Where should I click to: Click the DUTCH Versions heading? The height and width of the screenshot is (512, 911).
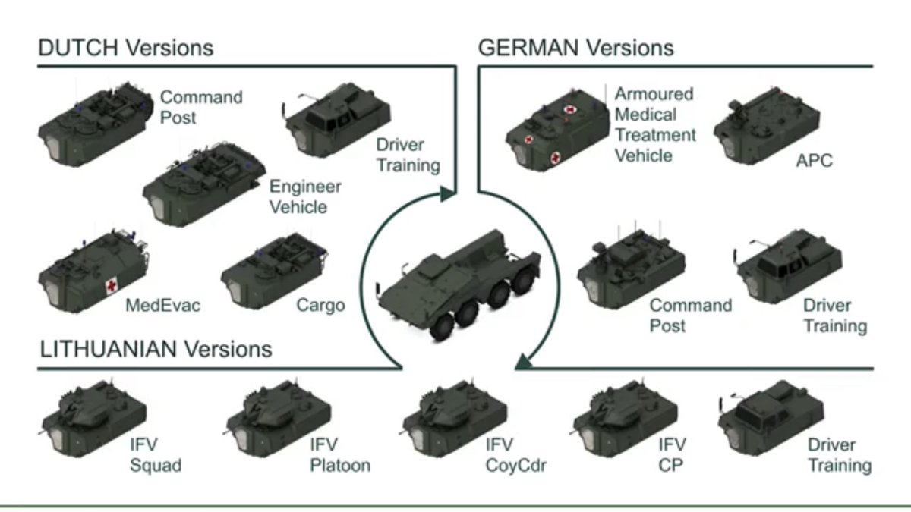click(x=125, y=49)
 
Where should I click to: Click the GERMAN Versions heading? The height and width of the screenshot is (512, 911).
click(x=575, y=49)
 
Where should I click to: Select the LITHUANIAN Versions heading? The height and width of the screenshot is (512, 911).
click(x=155, y=350)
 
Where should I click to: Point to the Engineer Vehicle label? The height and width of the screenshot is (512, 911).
click(x=305, y=196)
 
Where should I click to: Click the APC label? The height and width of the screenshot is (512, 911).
click(x=813, y=161)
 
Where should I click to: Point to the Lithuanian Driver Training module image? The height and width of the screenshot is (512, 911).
click(x=768, y=417)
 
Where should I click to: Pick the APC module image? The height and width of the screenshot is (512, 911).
click(x=768, y=128)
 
